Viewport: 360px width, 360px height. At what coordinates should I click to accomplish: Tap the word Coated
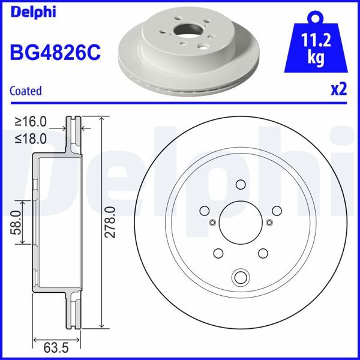pyautogui.click(x=26, y=91)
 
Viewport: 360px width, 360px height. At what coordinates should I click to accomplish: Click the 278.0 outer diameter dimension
pyautogui.click(x=109, y=222)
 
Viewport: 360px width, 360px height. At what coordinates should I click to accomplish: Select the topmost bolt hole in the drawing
pyautogui.click(x=241, y=185)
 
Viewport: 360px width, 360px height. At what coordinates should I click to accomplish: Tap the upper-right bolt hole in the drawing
pyautogui.click(x=277, y=211)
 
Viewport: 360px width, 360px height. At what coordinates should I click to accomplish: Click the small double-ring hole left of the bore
pyautogui.click(x=212, y=223)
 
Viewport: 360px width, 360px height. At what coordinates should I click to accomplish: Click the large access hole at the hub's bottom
pyautogui.click(x=241, y=277)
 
